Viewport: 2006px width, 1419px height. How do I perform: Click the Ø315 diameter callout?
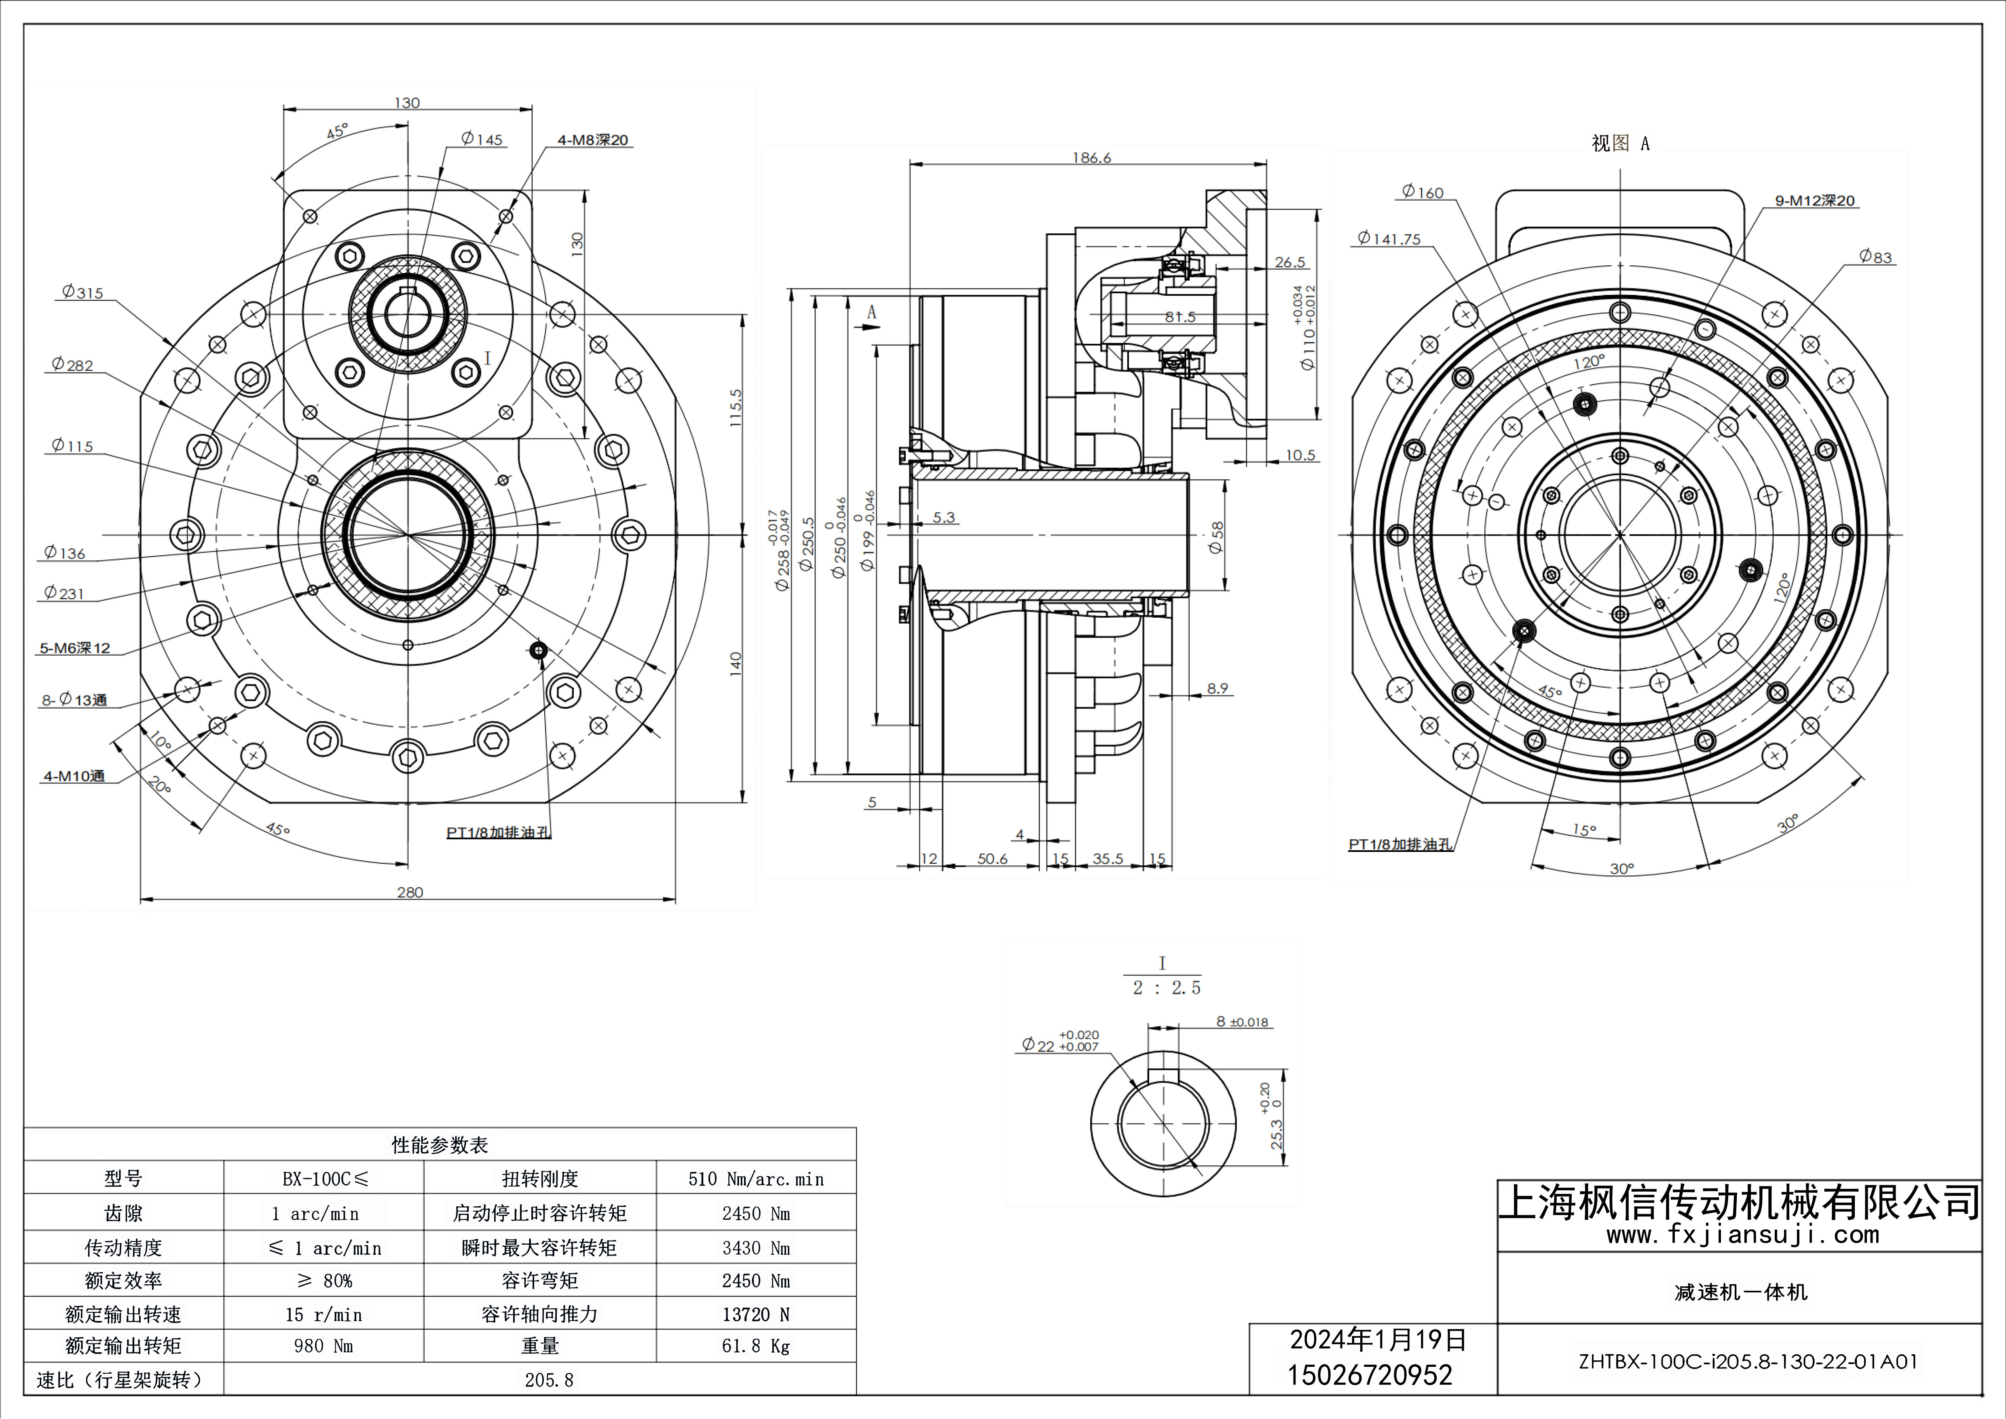82,293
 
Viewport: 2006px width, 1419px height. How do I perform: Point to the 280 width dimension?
410,892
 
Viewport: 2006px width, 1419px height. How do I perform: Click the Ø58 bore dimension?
1216,537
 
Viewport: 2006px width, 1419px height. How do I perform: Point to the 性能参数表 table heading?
440,1145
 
